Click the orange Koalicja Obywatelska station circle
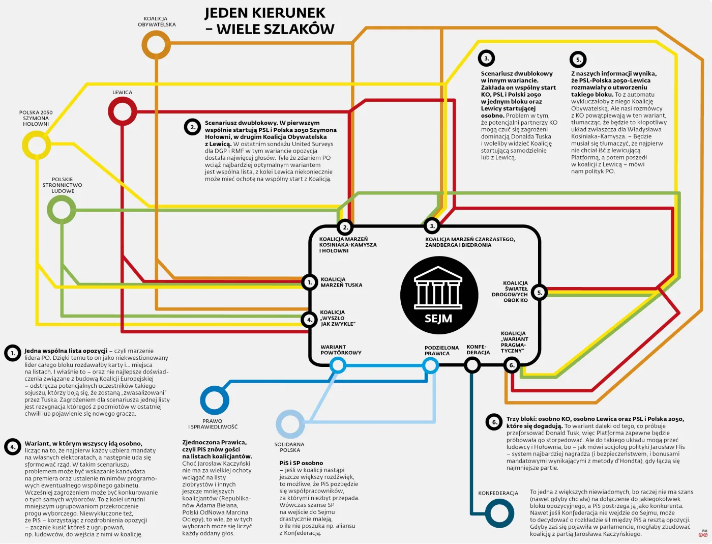point(156,45)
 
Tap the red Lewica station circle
point(122,111)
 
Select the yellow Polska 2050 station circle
point(36,145)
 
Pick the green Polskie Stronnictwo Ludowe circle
point(62,209)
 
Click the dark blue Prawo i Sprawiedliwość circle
point(215,400)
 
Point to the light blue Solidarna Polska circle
point(290,424)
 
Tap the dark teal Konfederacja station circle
point(499,513)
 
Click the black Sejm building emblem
point(439,295)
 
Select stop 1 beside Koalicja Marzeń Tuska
point(310,282)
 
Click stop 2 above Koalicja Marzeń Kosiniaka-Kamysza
point(345,227)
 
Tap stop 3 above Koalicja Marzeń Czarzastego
point(432,225)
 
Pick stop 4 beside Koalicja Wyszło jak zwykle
point(310,320)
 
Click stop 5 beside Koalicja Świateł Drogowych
point(540,293)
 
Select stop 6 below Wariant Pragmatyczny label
point(512,365)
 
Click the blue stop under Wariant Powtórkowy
point(338,365)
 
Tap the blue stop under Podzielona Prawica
point(430,365)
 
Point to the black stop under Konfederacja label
point(472,365)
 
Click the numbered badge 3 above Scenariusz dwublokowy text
point(486,59)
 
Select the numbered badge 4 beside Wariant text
point(13,447)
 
